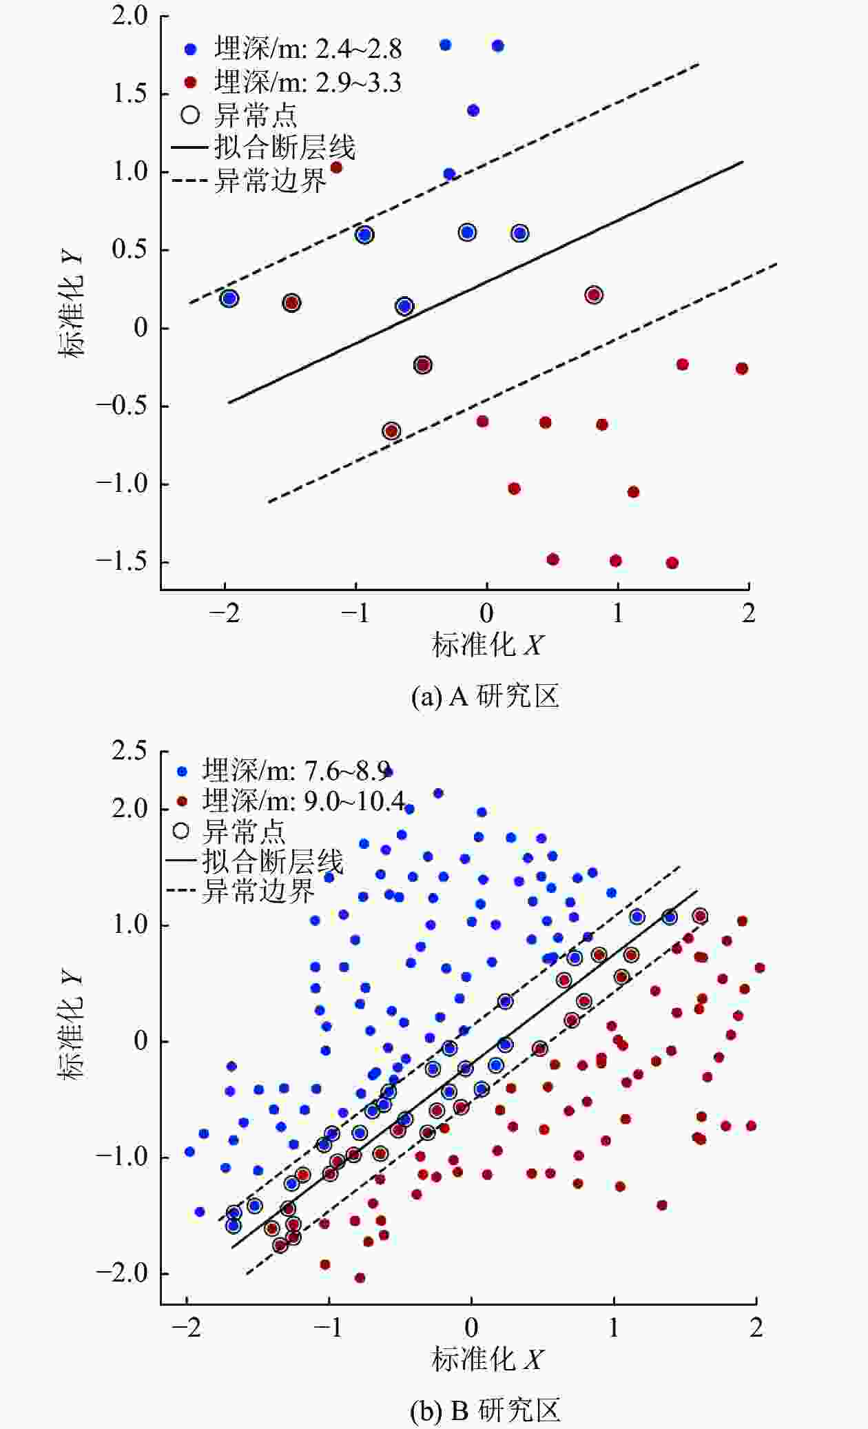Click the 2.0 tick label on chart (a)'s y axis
click(130, 16)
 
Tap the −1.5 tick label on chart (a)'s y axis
click(122, 562)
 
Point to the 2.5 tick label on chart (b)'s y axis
click(130, 751)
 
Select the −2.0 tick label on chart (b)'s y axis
click(122, 1273)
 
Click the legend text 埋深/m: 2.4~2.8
click(308, 49)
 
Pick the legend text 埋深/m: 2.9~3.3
click(308, 83)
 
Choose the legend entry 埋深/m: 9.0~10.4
click(304, 801)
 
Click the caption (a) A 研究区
click(485, 697)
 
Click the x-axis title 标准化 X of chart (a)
click(487, 646)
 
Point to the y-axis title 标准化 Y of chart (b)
click(72, 1027)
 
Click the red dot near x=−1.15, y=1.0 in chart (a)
click(336, 167)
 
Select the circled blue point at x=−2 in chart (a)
click(229, 298)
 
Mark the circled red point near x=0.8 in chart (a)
click(594, 295)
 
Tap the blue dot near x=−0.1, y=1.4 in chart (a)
click(473, 110)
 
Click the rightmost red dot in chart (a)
click(742, 369)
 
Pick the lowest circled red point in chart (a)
click(391, 431)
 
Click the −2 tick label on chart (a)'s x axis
click(225, 613)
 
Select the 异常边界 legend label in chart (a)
click(269, 181)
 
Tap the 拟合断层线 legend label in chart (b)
click(272, 861)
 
